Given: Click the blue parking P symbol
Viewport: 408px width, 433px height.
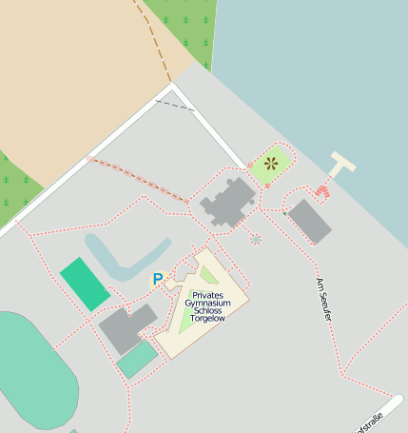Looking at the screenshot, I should tap(158, 280).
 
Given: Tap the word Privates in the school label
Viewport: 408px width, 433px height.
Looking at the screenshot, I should tap(208, 296).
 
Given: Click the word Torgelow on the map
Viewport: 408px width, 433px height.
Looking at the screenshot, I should tap(208, 319).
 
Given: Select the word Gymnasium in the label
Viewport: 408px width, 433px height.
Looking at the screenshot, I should tap(208, 304).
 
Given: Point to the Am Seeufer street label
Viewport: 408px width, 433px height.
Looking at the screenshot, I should tap(324, 299).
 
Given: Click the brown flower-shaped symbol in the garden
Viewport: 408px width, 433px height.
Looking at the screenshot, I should tap(271, 163).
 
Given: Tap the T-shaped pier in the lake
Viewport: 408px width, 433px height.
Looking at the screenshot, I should tap(341, 166).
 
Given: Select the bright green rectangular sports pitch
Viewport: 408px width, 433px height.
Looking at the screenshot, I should tap(85, 284).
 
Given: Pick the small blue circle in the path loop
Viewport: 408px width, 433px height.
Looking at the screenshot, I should tap(254, 239).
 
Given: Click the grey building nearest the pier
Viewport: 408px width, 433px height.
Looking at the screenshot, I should tap(310, 221).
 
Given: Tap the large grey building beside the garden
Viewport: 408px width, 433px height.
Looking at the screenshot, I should tap(229, 204).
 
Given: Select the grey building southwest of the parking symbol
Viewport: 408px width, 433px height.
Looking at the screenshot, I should tap(127, 328).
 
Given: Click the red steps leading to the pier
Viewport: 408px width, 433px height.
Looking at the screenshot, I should tap(322, 192).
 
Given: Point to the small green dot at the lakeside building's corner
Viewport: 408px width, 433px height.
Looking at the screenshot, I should tap(284, 213).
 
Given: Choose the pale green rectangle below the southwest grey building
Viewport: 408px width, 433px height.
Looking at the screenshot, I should tap(138, 360).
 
